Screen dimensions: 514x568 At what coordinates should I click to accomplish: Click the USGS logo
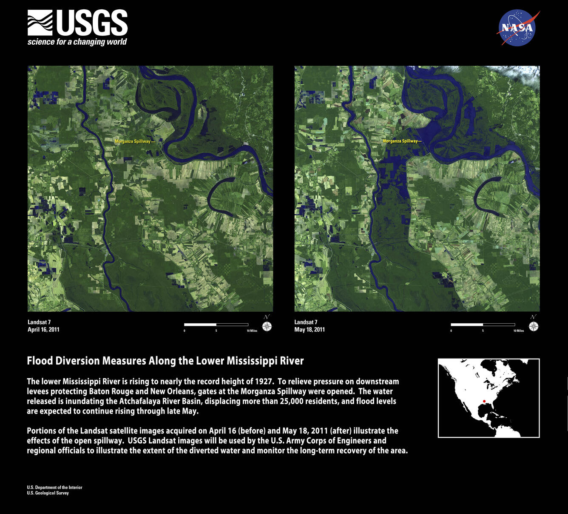tap(77, 23)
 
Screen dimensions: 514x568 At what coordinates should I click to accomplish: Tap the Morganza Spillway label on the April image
tap(133, 141)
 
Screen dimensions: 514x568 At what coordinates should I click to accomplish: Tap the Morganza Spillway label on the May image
tap(400, 141)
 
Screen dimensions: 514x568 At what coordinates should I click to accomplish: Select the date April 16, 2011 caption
tap(43, 330)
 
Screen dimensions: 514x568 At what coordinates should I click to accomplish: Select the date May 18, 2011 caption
tap(310, 330)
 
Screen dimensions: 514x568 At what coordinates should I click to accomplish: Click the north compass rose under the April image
tap(267, 326)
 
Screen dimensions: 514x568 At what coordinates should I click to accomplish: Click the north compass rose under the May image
tap(534, 326)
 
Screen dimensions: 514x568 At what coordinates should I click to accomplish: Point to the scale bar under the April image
tap(216, 324)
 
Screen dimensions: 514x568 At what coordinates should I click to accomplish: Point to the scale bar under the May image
tap(483, 324)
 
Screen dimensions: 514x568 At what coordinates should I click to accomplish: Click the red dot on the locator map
tap(484, 401)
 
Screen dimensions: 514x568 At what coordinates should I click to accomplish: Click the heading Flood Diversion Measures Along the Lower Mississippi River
tap(165, 361)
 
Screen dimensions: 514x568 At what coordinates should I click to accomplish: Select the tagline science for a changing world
tap(77, 42)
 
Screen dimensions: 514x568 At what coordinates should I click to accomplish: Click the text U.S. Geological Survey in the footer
tap(48, 493)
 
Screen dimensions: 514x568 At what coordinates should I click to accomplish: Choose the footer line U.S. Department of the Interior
tap(54, 488)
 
